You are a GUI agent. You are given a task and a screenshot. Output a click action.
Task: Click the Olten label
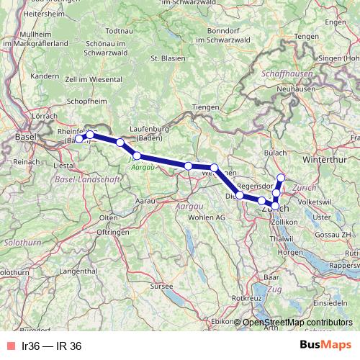109,217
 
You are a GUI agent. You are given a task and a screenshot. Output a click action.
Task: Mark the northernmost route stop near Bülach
282,177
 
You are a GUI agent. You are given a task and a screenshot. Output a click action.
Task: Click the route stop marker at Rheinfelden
90,134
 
